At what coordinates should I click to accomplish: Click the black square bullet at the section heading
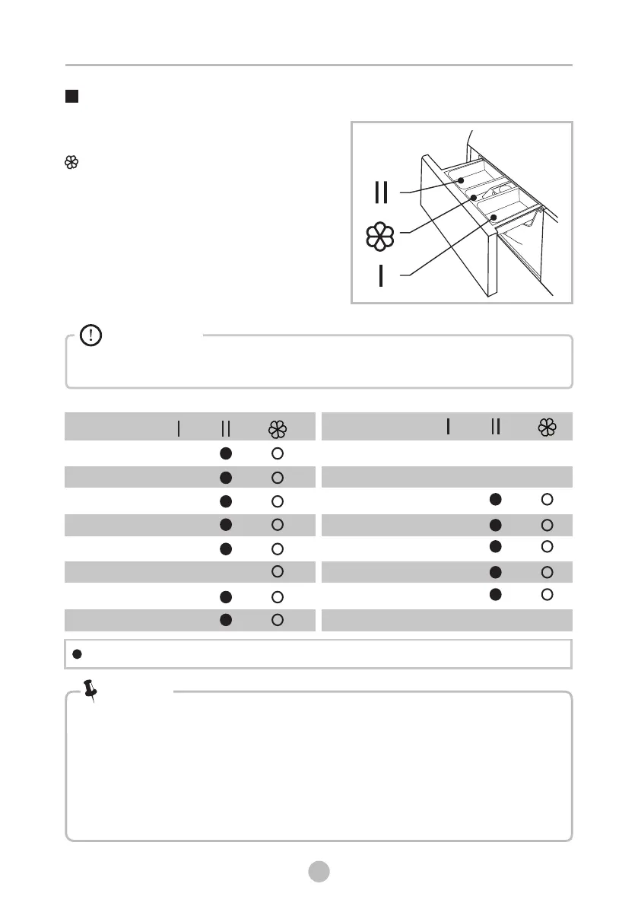72,97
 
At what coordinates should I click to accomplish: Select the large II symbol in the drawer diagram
382,192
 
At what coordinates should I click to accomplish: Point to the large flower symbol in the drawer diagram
381,237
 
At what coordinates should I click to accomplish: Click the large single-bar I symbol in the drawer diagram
381,275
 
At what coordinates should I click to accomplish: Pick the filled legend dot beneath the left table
77,654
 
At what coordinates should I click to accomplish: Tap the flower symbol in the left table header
278,430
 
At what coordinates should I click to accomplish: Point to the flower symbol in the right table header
547,428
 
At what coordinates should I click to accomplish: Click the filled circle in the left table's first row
226,453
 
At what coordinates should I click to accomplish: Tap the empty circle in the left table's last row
278,620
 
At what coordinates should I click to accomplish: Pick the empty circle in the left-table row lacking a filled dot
278,571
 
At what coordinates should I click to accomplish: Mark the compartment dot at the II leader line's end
460,180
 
